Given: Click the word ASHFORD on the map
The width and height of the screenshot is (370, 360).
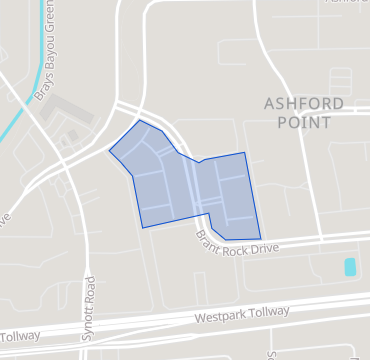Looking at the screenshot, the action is click(303, 104).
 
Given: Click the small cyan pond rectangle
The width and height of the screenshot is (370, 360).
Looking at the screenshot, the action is click(350, 267).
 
